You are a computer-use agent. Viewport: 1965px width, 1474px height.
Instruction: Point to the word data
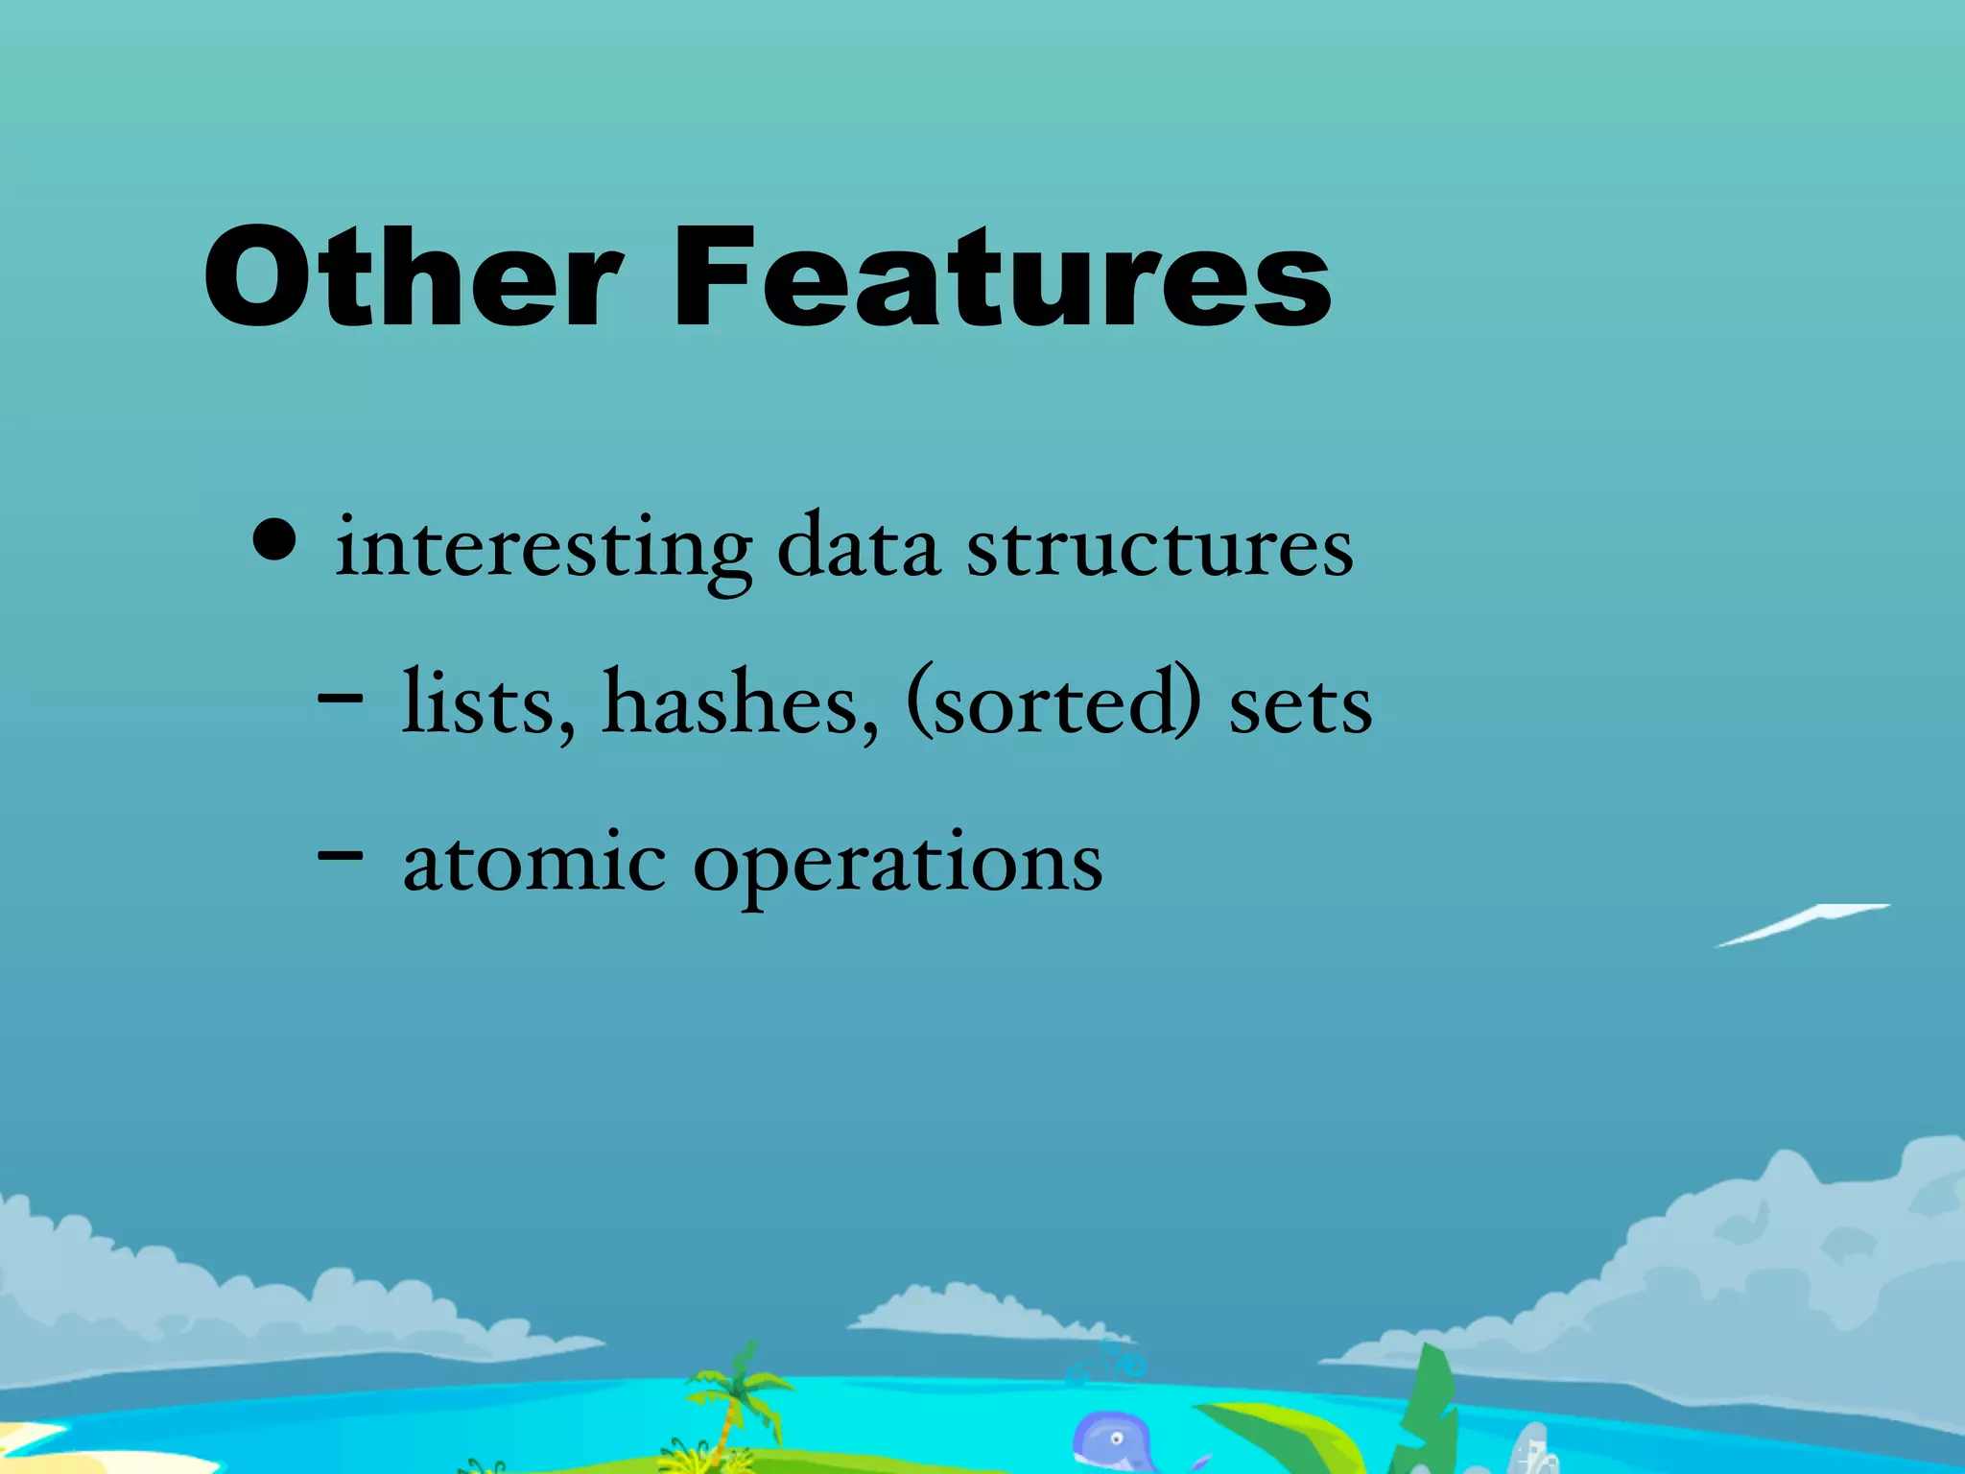(858, 547)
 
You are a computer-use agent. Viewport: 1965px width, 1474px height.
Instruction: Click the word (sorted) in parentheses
(1053, 703)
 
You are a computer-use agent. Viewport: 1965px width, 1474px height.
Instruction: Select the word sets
(1300, 707)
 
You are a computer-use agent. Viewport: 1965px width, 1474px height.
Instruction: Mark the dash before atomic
(340, 853)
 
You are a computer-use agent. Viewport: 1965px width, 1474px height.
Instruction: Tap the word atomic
(534, 861)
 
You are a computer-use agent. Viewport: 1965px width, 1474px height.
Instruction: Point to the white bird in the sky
(1800, 924)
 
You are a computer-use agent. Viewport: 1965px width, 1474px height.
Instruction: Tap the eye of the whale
(1115, 1438)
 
